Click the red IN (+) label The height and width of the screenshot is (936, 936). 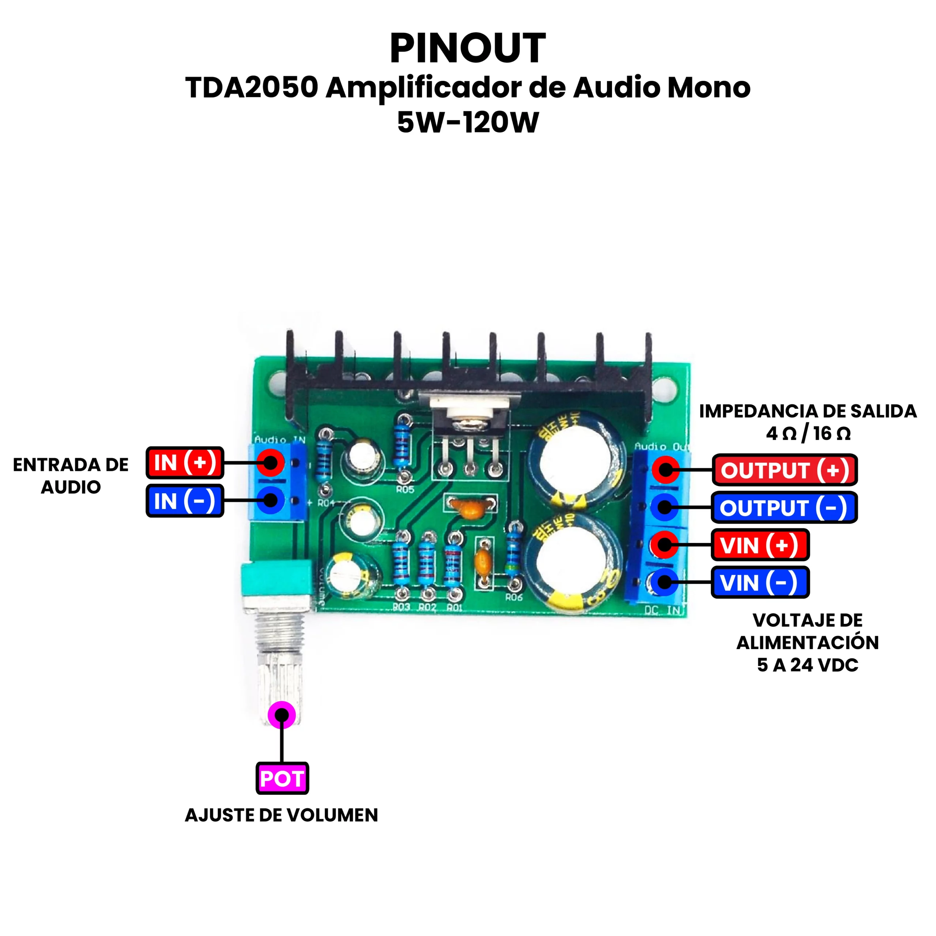[185, 463]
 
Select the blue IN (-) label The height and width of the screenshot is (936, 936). [185, 501]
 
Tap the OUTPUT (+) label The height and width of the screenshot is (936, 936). [784, 470]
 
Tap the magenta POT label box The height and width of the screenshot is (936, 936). [282, 778]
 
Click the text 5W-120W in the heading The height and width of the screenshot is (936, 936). [468, 122]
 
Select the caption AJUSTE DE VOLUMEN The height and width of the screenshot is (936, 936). [282, 815]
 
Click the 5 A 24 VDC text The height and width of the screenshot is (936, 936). [808, 665]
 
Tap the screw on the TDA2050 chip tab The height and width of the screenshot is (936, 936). [468, 425]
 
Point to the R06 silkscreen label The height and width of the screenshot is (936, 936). [514, 597]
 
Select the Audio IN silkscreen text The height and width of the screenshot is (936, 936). [280, 440]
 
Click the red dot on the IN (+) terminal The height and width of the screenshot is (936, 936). [270, 463]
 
